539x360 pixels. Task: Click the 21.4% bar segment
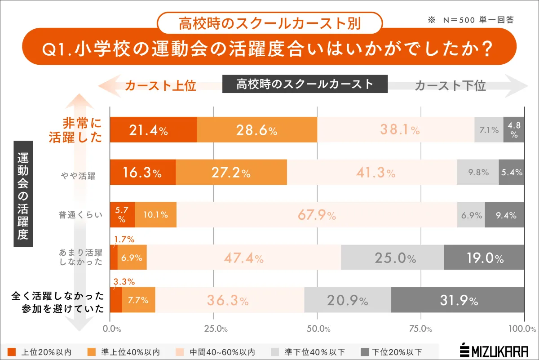(153, 130)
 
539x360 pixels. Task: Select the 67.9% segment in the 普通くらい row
(317, 215)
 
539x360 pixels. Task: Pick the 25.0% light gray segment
(392, 258)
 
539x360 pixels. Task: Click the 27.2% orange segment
(231, 173)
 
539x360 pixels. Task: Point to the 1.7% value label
(124, 239)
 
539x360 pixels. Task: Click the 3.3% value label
(124, 282)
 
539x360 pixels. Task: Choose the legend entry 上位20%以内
(40, 351)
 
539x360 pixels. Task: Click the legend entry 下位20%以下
(392, 351)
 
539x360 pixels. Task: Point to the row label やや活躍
(79, 176)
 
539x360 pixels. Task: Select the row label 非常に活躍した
(76, 130)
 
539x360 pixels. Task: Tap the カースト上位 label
(160, 86)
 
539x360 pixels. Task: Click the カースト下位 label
(450, 86)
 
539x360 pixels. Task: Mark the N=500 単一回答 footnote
(471, 20)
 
